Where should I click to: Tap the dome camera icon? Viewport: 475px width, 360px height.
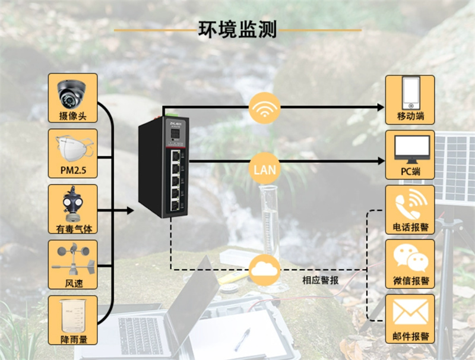72,92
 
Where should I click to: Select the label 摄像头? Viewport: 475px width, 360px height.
72,116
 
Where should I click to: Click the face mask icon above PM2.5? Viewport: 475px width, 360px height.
72,148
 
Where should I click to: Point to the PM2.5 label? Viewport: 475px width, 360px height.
72,172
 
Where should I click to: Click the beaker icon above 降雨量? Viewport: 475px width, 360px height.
72,314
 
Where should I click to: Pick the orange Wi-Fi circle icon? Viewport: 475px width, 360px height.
264,108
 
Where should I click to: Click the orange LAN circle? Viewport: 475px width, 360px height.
264,169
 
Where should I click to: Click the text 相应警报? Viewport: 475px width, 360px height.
320,280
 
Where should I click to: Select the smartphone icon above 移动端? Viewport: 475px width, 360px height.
410,93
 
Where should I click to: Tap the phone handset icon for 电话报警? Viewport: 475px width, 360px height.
410,204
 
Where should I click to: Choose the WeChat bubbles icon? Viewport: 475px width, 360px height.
410,258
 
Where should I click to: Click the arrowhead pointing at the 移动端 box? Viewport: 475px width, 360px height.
381,107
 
